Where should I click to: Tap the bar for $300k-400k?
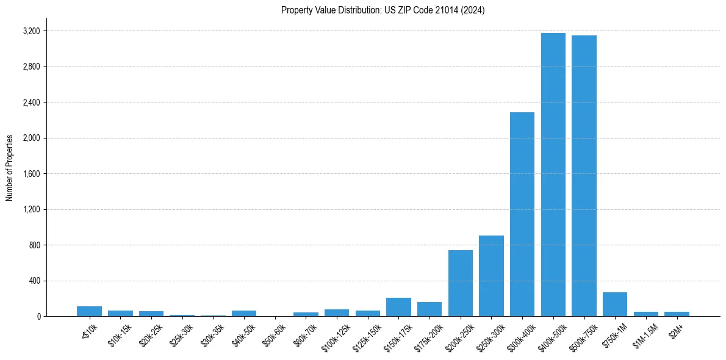[x=522, y=214]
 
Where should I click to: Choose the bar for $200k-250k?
[x=460, y=283]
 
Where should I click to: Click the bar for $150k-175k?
[x=398, y=307]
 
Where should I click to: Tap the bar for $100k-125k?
[x=337, y=313]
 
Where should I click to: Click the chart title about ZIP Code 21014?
[x=383, y=10]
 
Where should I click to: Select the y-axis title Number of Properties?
[x=10, y=168]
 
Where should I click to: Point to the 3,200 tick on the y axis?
[x=31, y=31]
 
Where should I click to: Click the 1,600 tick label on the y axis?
[x=31, y=174]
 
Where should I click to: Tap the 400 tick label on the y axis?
[x=34, y=281]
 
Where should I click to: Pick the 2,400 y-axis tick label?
[x=31, y=103]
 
